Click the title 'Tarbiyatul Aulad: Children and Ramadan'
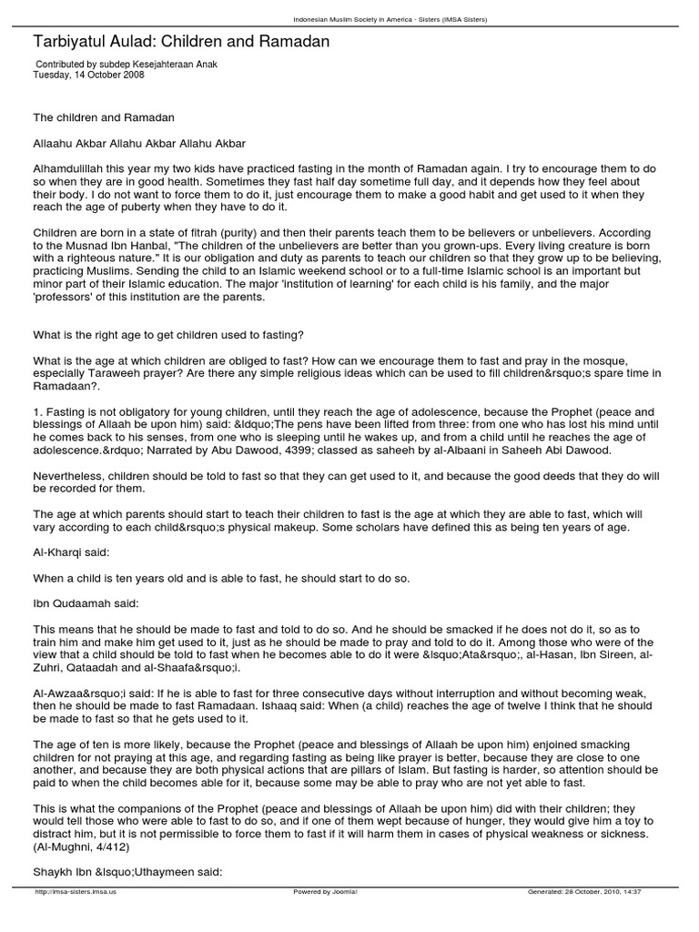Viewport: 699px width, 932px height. [181, 42]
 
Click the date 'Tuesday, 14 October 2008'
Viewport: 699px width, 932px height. [88, 76]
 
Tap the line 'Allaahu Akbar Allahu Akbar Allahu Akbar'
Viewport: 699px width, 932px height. [139, 144]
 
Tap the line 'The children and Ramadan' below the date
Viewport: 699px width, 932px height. [103, 118]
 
